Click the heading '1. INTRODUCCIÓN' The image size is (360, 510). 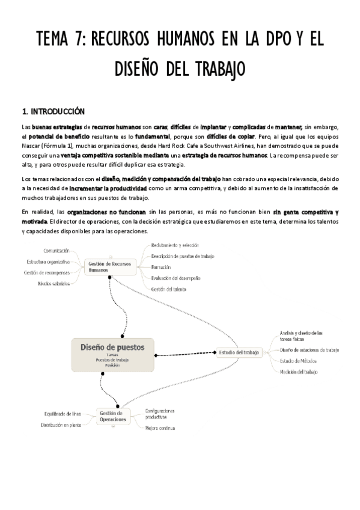53,111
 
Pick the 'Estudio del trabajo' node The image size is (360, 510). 240,352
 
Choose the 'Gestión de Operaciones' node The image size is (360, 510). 114,416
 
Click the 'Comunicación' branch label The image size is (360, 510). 60,250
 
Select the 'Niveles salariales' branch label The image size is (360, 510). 53,283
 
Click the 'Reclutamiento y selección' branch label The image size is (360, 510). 174,245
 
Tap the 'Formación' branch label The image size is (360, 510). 161,267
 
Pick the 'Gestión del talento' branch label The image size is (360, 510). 168,289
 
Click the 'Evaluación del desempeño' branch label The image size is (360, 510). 175,278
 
